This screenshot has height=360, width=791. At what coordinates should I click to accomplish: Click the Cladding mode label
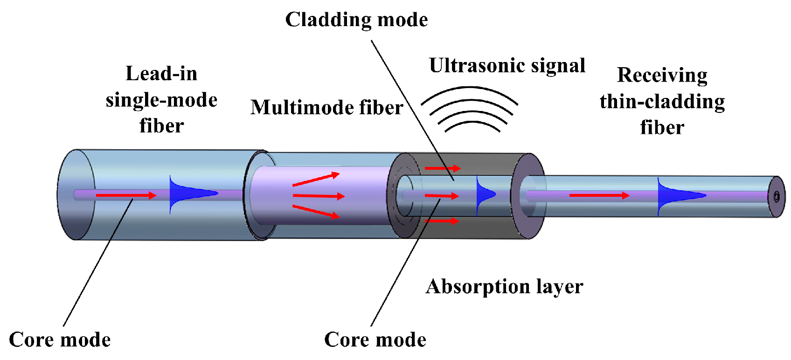coord(356,20)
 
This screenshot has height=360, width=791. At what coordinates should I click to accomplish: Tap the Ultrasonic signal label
coord(507,66)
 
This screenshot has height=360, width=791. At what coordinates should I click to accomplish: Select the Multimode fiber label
coord(326,108)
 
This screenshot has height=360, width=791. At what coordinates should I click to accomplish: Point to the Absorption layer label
coord(504,287)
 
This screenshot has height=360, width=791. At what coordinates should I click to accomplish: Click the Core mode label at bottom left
coord(60,340)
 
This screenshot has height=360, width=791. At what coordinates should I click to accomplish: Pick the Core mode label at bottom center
coord(375,340)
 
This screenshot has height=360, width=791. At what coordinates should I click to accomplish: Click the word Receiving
coord(662,75)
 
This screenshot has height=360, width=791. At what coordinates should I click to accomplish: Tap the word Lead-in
coord(161,74)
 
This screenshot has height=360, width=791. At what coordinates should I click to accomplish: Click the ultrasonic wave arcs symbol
coord(470,110)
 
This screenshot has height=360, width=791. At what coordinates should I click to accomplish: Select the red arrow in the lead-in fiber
coord(125,195)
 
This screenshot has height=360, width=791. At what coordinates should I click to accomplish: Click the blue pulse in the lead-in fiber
coord(187,194)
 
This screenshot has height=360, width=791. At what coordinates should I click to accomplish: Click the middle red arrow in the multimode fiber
coord(318,196)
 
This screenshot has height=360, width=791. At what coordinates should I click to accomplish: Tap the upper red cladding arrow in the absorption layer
coord(443,168)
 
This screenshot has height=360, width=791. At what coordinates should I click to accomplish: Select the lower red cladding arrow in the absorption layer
coord(443,221)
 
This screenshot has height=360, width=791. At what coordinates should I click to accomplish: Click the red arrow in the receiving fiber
coord(599,195)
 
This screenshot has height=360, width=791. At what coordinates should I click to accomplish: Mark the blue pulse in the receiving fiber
coord(676,195)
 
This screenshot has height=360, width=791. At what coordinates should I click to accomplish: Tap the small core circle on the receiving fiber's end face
coord(777,197)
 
